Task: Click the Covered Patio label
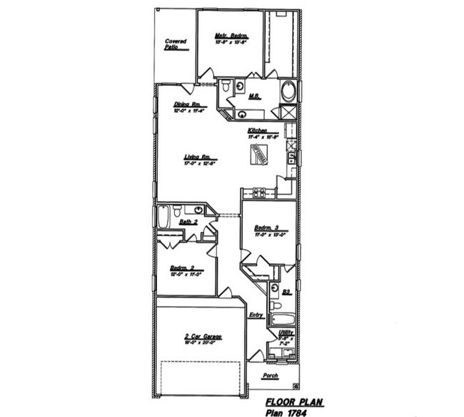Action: point(176,44)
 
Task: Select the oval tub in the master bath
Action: point(288,92)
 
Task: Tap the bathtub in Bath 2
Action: point(163,216)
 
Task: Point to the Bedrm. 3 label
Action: point(266,227)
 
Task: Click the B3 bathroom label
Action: point(286,292)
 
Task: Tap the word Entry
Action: point(256,315)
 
